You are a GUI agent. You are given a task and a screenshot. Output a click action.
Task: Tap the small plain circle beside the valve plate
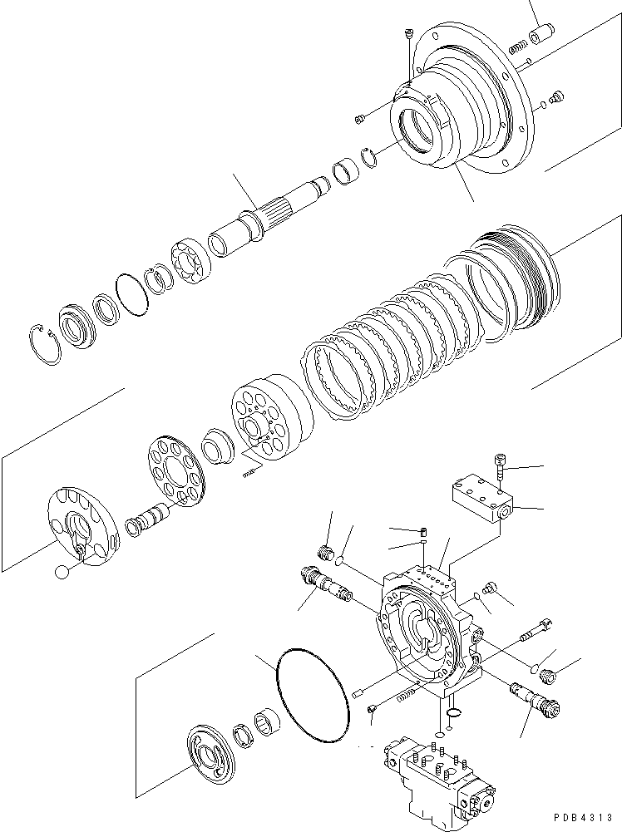[61, 572]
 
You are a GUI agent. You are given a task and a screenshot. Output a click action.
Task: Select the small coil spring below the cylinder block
[250, 472]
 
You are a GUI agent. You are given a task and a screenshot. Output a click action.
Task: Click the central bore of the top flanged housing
[421, 130]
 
